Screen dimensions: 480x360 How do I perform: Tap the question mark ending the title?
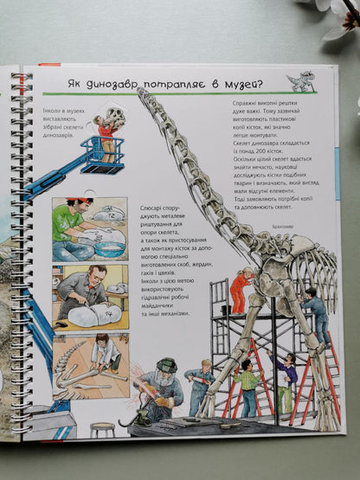(263, 83)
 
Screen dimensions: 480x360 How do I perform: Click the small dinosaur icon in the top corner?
(301, 80)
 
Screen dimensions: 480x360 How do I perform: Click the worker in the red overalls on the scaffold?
(238, 291)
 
